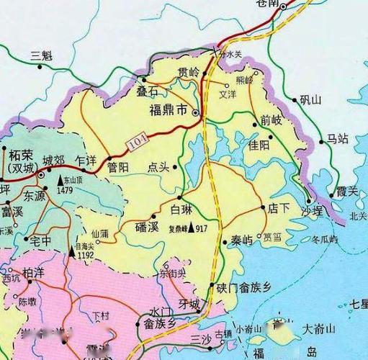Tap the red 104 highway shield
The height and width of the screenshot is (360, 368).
click(x=137, y=144)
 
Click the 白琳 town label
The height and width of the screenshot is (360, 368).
click(x=181, y=210)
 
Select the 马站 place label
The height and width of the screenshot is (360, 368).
click(x=336, y=138)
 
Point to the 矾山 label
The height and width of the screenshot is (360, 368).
click(x=310, y=100)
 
